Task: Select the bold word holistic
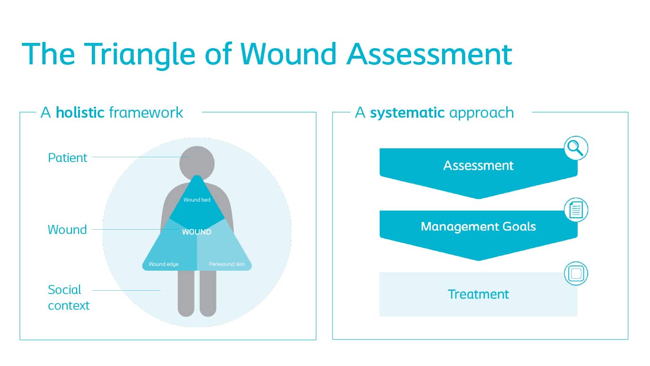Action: click(x=80, y=112)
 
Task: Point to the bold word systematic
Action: click(x=407, y=113)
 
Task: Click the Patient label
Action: click(x=68, y=158)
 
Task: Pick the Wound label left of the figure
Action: click(x=67, y=230)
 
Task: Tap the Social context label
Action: click(x=69, y=297)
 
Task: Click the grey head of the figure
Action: click(x=197, y=162)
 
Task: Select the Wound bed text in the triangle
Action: click(x=197, y=200)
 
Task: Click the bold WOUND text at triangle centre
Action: click(x=197, y=232)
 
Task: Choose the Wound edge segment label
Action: click(x=163, y=264)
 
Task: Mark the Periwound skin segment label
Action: click(x=227, y=264)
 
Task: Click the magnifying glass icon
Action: click(x=576, y=149)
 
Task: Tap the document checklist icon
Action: click(x=576, y=210)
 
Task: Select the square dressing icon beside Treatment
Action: click(x=576, y=274)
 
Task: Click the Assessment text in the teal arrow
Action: click(x=478, y=166)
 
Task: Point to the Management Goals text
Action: click(x=478, y=226)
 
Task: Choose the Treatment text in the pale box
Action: click(x=478, y=294)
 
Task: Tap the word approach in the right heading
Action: click(x=482, y=113)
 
